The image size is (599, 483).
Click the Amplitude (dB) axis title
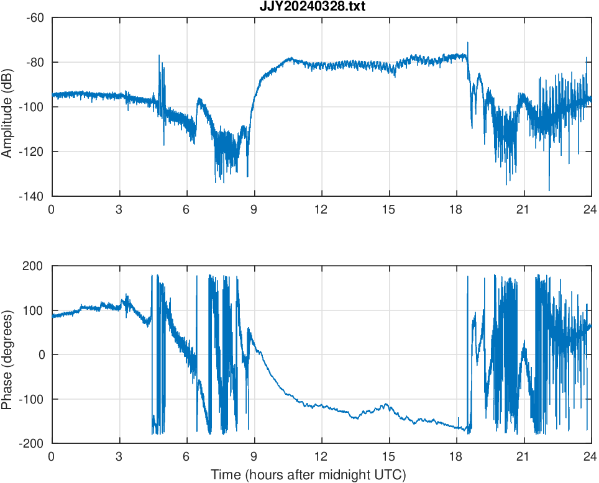pyautogui.click(x=8, y=107)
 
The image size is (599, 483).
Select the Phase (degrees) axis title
pyautogui.click(x=8, y=354)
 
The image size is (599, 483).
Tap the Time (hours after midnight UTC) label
pyautogui.click(x=308, y=475)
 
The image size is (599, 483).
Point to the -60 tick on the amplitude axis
pyautogui.click(x=35, y=18)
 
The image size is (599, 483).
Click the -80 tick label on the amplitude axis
pyautogui.click(x=35, y=63)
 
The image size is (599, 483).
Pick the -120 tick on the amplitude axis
pyautogui.click(x=32, y=152)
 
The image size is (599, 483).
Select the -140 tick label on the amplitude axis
pyautogui.click(x=32, y=197)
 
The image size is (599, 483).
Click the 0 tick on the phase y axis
pyautogui.click(x=40, y=355)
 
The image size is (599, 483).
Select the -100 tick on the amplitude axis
pyautogui.click(x=32, y=107)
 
